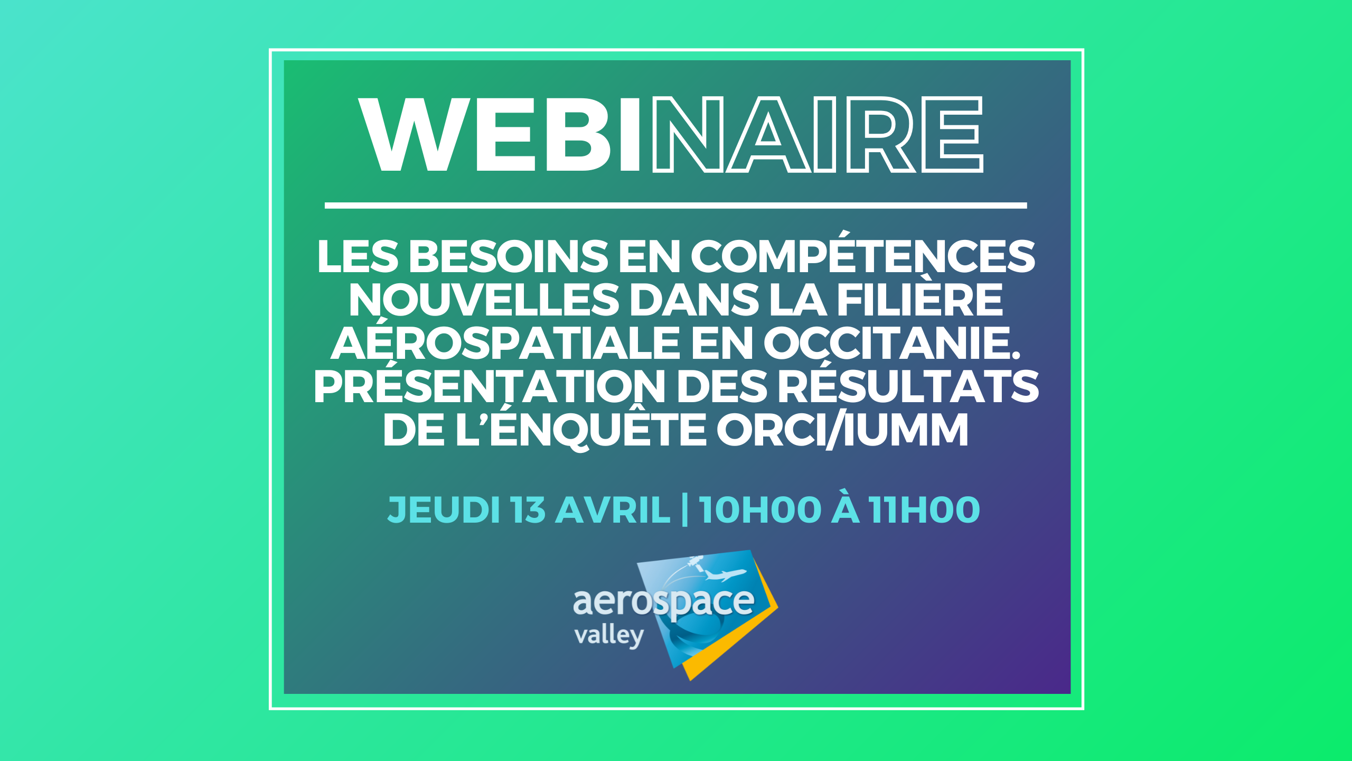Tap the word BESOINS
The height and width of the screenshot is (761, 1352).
[509, 256]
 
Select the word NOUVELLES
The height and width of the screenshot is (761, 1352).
[483, 300]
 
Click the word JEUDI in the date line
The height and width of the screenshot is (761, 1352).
[444, 510]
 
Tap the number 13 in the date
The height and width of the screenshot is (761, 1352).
[528, 510]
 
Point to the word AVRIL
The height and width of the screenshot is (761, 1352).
[613, 510]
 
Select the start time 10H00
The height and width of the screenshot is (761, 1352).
[760, 510]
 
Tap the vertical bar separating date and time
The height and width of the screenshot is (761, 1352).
[685, 510]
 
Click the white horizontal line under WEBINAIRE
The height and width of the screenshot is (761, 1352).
[675, 205]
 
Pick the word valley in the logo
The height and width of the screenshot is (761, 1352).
[609, 635]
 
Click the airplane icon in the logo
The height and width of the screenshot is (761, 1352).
[726, 573]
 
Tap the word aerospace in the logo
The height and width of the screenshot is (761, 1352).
[664, 601]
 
